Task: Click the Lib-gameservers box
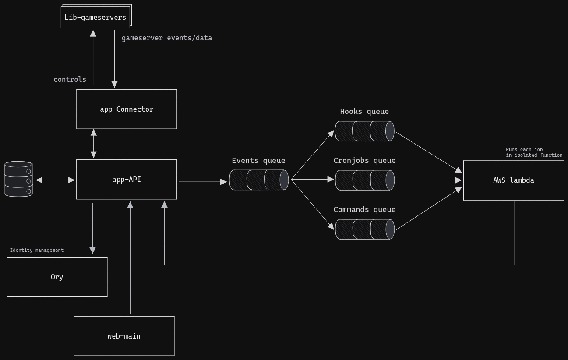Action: click(95, 17)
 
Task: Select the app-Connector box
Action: click(127, 109)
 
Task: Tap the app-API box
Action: click(127, 180)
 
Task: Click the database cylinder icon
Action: click(18, 179)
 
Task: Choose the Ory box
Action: click(57, 277)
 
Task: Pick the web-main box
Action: click(124, 336)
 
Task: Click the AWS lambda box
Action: click(513, 180)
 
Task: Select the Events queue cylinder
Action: click(258, 180)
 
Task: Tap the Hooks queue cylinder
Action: click(364, 131)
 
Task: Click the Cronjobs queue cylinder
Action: click(364, 180)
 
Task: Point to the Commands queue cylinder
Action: click(364, 229)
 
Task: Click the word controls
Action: click(70, 79)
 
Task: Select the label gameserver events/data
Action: click(167, 38)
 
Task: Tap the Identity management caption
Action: click(37, 250)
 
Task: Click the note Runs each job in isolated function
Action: click(534, 152)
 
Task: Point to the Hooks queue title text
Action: click(364, 112)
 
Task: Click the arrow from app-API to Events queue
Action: click(203, 181)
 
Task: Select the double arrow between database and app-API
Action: click(55, 180)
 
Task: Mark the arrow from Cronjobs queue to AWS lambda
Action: click(428, 180)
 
